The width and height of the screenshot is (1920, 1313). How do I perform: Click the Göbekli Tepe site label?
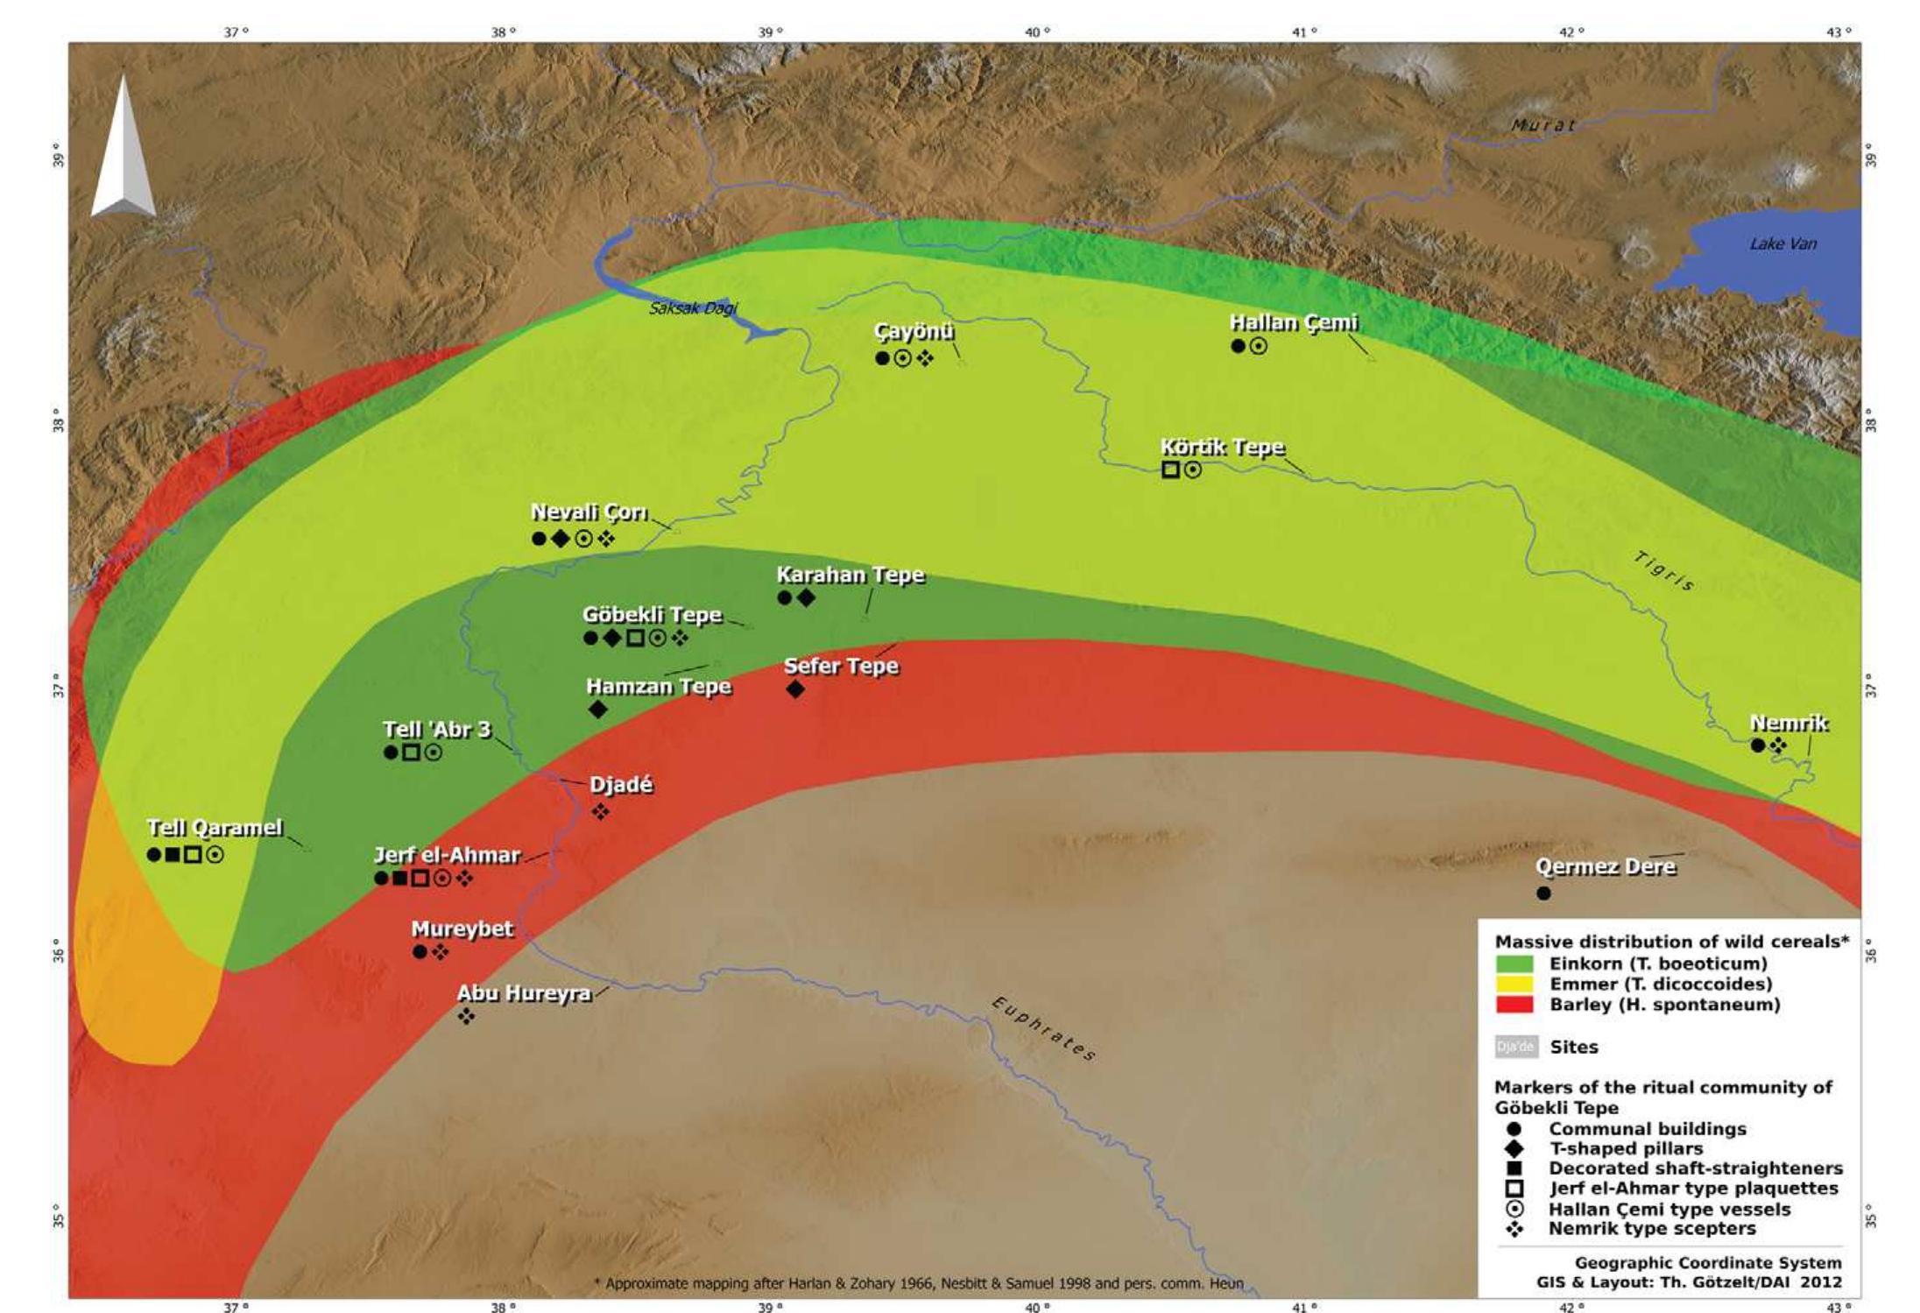(x=653, y=615)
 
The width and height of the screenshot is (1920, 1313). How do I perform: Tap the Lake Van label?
(x=1782, y=244)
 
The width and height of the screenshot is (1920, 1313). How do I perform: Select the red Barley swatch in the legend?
(x=1514, y=1005)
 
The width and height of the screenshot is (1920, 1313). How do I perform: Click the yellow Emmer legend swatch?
(x=1514, y=984)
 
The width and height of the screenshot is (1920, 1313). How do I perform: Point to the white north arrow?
(x=124, y=149)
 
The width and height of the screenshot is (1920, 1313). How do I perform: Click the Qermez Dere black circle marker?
(x=1543, y=893)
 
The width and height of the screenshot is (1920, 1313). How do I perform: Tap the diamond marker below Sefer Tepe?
(x=795, y=689)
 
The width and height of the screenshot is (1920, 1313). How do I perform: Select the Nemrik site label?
(x=1789, y=724)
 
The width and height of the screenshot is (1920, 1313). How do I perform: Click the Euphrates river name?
(x=1042, y=1028)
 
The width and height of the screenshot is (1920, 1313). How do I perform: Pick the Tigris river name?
(x=1663, y=571)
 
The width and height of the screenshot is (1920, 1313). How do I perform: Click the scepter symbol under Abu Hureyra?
(x=466, y=1016)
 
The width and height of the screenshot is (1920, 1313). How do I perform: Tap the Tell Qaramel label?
(x=215, y=828)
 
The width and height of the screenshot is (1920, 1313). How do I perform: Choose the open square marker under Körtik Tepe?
(x=1170, y=469)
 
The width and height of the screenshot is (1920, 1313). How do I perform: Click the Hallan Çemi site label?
(x=1293, y=323)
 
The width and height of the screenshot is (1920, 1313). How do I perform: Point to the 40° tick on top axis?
(x=1037, y=32)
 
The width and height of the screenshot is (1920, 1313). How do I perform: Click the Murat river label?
(x=1543, y=125)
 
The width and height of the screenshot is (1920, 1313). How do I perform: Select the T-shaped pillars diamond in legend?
(x=1514, y=1148)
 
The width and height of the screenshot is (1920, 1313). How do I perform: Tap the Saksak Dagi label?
(x=693, y=308)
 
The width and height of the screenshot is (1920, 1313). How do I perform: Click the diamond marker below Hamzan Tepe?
(x=597, y=709)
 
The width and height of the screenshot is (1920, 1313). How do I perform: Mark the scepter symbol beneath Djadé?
(x=600, y=812)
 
